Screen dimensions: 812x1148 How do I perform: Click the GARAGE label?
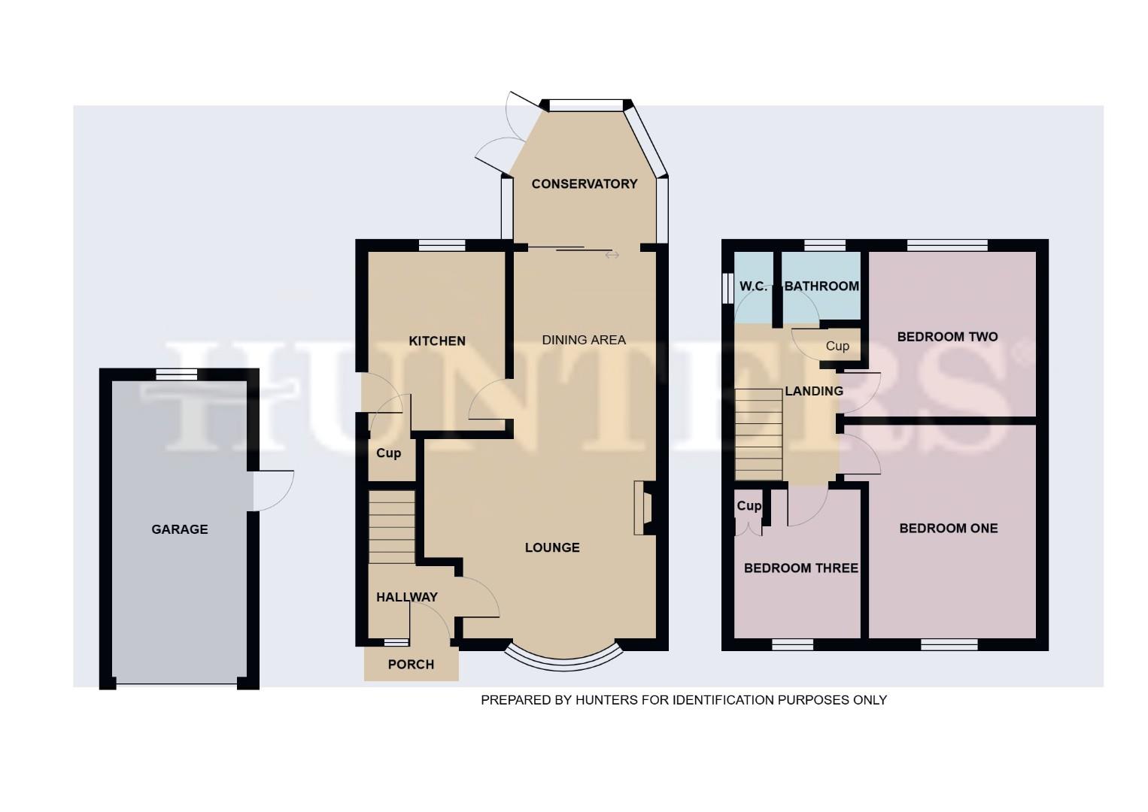180,529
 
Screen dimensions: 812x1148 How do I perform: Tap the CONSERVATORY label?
584,184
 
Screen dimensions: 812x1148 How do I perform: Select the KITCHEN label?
437,341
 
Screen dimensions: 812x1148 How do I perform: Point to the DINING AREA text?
584,340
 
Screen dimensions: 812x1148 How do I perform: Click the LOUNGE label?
552,547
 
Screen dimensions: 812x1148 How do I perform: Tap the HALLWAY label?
406,597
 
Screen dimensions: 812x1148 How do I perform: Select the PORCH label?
411,665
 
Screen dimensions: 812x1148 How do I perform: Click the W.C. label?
753,286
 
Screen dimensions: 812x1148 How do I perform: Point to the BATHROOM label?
822,286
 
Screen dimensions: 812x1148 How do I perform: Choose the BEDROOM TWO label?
947,337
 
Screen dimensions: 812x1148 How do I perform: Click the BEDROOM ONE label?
948,529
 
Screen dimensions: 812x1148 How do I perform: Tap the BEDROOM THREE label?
800,568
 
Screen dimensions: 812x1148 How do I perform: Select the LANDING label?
813,391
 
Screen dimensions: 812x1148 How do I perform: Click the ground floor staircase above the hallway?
391,526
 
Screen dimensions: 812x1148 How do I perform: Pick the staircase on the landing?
758,435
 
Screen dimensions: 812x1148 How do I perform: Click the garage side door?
272,490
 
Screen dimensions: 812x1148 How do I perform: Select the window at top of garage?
176,374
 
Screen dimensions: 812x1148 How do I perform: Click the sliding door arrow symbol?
612,256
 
